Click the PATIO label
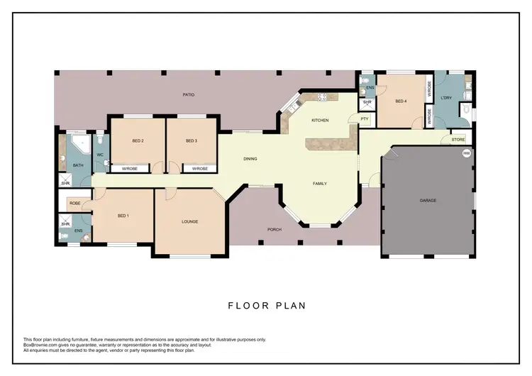click(x=188, y=94)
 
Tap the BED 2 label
click(x=138, y=141)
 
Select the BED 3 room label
click(x=191, y=141)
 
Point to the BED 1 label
click(x=123, y=215)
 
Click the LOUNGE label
click(x=189, y=222)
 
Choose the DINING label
click(x=250, y=159)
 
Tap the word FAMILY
click(x=320, y=184)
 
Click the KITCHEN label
click(x=320, y=121)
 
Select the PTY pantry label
click(x=365, y=119)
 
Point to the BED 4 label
click(x=401, y=101)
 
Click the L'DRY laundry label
click(x=446, y=98)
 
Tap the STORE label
click(x=458, y=140)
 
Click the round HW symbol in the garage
click(x=466, y=153)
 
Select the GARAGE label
click(x=428, y=201)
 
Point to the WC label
click(x=99, y=155)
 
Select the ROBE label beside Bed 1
click(x=74, y=204)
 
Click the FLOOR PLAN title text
click(x=266, y=306)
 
